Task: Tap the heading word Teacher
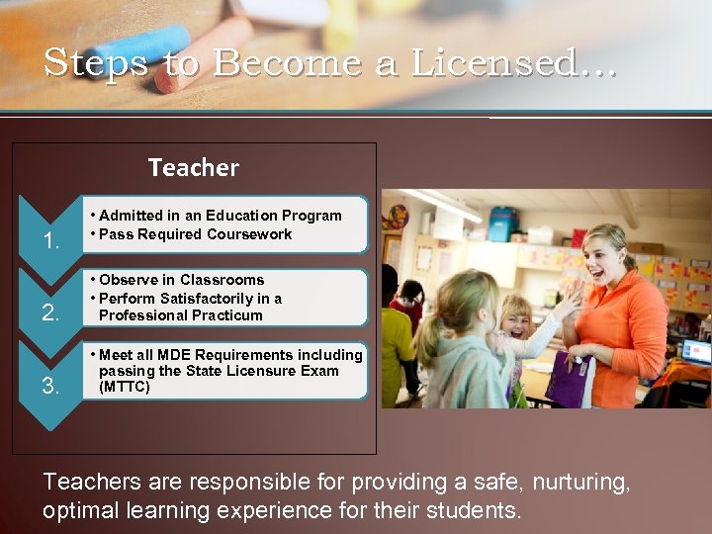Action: tap(194, 168)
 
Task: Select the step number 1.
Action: tap(52, 241)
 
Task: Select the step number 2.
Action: tap(52, 313)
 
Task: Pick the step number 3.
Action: tap(52, 386)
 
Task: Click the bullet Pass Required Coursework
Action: tap(196, 234)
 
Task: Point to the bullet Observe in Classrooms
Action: tap(182, 280)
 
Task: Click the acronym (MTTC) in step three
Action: tap(125, 387)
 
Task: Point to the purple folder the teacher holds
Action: tap(570, 381)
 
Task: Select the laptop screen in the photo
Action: tap(696, 352)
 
